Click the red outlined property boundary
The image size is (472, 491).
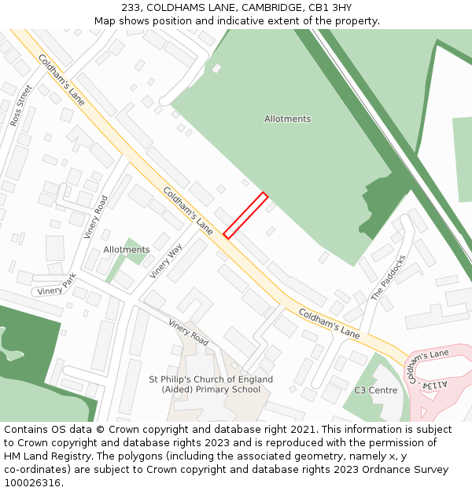[x=245, y=215]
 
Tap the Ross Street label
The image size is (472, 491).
[x=21, y=106]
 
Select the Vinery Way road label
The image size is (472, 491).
[x=166, y=261]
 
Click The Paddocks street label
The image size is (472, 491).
[x=389, y=277]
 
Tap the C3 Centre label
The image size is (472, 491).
[x=375, y=390]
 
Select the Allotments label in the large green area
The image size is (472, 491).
[x=287, y=119]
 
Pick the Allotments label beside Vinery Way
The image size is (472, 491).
[x=127, y=250]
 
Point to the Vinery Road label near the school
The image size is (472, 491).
[x=188, y=332]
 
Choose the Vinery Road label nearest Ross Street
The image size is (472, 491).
[x=95, y=217]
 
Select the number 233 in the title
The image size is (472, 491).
[x=131, y=8]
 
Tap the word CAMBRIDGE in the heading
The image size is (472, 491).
[x=271, y=8]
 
